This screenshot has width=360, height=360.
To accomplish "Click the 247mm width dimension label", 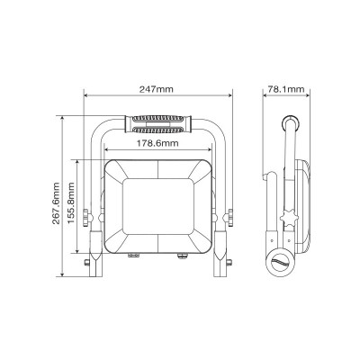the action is click(x=156, y=89).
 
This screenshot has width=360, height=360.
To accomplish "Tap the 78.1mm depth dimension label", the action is click(x=285, y=89).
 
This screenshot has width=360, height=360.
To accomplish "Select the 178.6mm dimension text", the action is click(x=157, y=143).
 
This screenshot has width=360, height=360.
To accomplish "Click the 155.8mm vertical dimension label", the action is click(x=71, y=203).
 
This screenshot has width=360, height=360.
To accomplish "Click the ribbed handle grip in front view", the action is click(x=158, y=124).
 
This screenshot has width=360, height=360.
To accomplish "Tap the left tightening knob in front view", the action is click(x=87, y=218).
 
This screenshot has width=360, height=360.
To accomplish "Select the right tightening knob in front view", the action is click(x=229, y=218).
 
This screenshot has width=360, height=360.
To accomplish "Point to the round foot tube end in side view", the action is click(x=281, y=263).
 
